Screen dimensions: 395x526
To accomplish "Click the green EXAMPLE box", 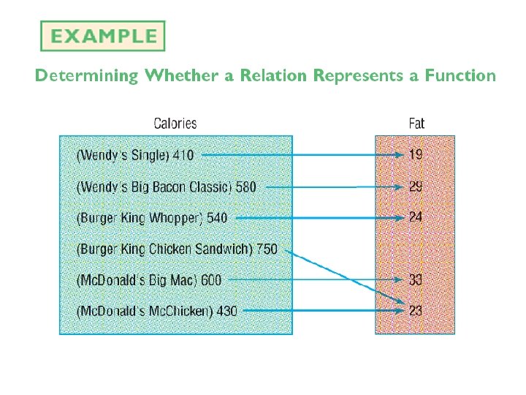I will (x=102, y=36).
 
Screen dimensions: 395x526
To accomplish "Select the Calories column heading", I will (x=175, y=124).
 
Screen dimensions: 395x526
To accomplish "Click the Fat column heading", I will (x=416, y=124).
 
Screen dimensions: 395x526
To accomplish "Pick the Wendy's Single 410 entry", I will (x=136, y=155).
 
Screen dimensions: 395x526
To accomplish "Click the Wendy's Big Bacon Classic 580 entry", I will (x=167, y=187).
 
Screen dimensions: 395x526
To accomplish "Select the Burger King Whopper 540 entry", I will (x=152, y=218).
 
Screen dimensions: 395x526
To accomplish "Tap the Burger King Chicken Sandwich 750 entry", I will (x=177, y=249).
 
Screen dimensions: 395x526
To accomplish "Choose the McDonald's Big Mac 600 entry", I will (x=149, y=279).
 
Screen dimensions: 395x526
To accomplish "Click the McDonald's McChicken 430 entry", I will (x=157, y=311).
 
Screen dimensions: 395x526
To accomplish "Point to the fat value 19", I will (x=415, y=155).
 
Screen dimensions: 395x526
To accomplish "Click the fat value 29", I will (x=415, y=187).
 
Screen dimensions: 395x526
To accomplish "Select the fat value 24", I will (x=415, y=217).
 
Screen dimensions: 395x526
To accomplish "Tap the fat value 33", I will (x=415, y=279).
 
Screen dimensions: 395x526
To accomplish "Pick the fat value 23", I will (x=415, y=311).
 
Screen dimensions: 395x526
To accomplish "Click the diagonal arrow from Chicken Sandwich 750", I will (x=343, y=278).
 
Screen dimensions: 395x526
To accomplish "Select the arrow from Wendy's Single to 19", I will (x=300, y=155).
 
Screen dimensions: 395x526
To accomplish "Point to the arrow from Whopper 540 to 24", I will (x=314, y=218).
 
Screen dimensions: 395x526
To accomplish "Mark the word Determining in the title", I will (x=85, y=75).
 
